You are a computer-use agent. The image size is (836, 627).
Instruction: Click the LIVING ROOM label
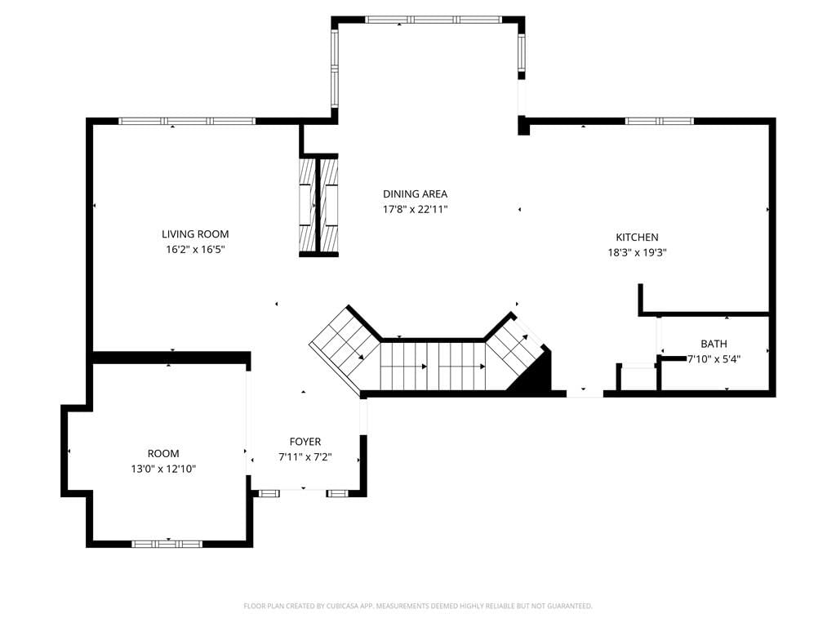(x=195, y=234)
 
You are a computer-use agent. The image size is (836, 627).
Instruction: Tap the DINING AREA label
(x=415, y=194)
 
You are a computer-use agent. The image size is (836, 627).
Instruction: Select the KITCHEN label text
(x=637, y=238)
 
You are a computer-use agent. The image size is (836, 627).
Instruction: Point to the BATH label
(x=714, y=344)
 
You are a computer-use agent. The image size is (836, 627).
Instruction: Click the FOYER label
(x=305, y=442)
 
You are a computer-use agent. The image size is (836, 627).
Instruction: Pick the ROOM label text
(x=163, y=454)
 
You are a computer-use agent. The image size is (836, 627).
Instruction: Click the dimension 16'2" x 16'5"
(x=195, y=250)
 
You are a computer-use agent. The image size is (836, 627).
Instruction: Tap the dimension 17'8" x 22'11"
(x=415, y=210)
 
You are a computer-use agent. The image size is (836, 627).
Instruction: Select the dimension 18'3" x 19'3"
(x=637, y=253)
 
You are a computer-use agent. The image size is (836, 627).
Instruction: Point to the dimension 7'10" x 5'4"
(x=714, y=359)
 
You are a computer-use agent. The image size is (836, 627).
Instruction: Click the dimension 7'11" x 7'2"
(x=305, y=457)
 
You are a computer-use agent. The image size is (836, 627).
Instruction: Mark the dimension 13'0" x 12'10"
(x=163, y=469)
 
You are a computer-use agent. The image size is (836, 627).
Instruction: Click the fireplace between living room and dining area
(x=319, y=205)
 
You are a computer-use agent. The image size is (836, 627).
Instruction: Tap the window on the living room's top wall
(x=187, y=121)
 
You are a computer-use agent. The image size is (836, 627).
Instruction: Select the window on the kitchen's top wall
(x=660, y=121)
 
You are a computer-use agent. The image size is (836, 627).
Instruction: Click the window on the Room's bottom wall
(x=167, y=544)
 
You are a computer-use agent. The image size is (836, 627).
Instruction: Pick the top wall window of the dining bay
(x=434, y=20)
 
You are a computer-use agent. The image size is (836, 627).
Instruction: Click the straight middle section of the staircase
(x=433, y=367)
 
